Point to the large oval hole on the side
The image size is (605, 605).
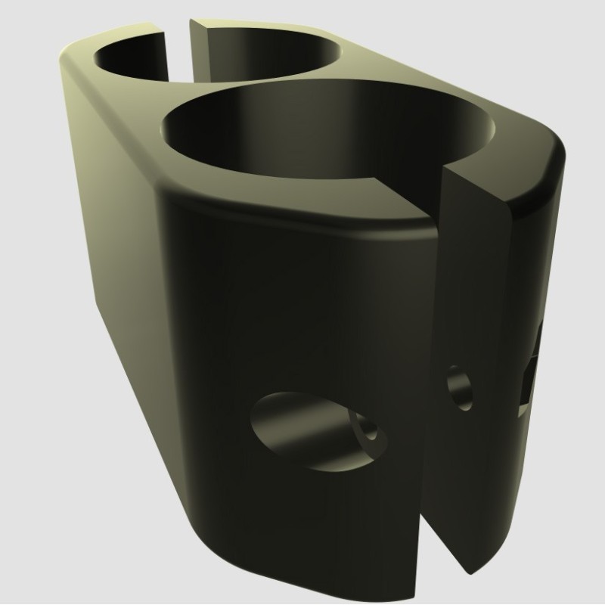[302, 431]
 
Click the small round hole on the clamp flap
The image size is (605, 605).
[459, 387]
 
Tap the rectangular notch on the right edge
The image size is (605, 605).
[533, 371]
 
